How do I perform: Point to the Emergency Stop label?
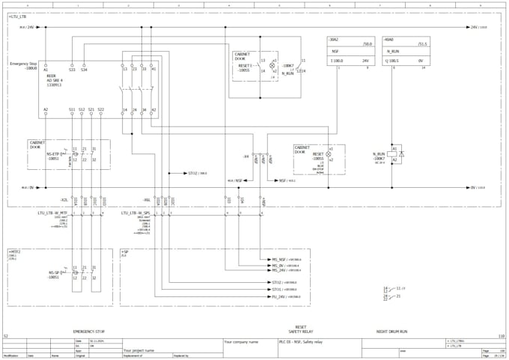point(23,64)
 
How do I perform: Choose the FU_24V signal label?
point(278,296)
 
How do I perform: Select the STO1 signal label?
point(277,289)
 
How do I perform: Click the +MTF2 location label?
point(14,251)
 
